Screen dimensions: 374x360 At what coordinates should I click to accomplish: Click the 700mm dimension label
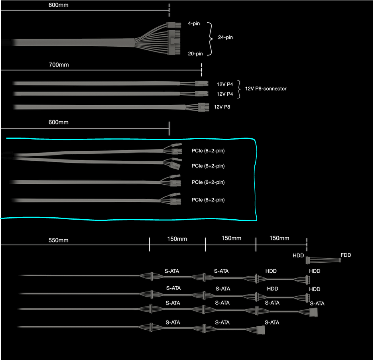pyautogui.click(x=59, y=65)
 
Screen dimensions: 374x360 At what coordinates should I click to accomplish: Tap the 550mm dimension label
pyautogui.click(x=59, y=240)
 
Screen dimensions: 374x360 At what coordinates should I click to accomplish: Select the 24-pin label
pyautogui.click(x=225, y=37)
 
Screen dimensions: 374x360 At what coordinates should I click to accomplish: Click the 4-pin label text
pyautogui.click(x=194, y=24)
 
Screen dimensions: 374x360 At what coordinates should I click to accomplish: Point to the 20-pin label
pyautogui.click(x=195, y=54)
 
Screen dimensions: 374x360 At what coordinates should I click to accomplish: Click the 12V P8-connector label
pyautogui.click(x=266, y=89)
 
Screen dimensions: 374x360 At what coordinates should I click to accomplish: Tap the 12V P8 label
pyautogui.click(x=222, y=107)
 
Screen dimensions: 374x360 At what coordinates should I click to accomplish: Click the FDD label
pyautogui.click(x=346, y=255)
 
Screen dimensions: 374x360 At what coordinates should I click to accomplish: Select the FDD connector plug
pyautogui.click(x=340, y=260)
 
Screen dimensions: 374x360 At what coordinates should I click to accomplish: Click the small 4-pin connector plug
pyautogui.click(x=173, y=25)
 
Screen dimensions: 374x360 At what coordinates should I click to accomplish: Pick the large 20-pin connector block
pyautogui.click(x=174, y=42)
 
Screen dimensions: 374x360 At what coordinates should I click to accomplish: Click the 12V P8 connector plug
pyautogui.click(x=203, y=107)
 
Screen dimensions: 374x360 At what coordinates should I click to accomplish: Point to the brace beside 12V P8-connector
pyautogui.click(x=239, y=89)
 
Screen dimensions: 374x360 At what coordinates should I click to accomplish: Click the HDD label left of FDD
pyautogui.click(x=298, y=256)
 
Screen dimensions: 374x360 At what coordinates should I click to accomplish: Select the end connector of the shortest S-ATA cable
pyautogui.click(x=261, y=330)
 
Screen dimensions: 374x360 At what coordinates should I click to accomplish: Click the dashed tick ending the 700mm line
pyautogui.click(x=201, y=70)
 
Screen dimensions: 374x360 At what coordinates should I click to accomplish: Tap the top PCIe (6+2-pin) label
pyautogui.click(x=208, y=151)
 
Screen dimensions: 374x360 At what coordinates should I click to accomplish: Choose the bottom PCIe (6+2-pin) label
pyautogui.click(x=208, y=200)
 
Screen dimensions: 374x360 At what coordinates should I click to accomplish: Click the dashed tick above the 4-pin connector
pyautogui.click(x=169, y=10)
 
